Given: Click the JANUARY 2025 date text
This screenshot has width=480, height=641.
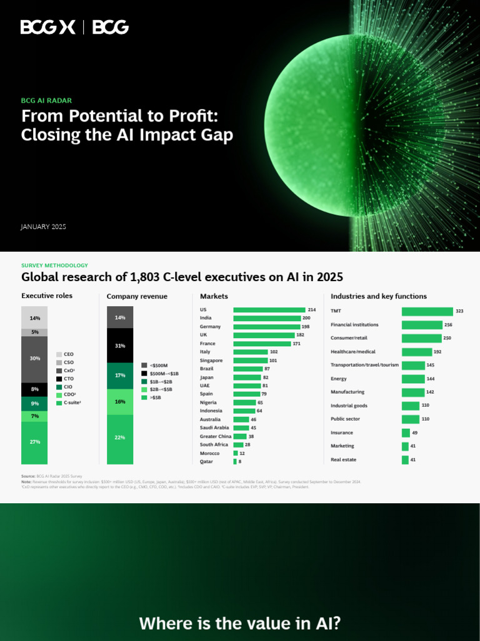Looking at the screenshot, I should [x=43, y=227].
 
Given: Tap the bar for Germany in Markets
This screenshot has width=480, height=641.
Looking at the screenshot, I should [x=267, y=327].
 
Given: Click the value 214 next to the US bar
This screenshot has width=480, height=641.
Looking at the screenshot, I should [x=311, y=310].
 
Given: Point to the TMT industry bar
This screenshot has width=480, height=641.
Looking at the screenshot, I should [x=427, y=311].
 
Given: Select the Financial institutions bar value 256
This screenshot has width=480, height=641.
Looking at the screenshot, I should [x=447, y=325].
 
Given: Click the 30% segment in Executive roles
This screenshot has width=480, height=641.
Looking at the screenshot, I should [x=34, y=359].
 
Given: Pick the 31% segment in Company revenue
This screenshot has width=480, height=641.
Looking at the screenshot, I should [x=119, y=346].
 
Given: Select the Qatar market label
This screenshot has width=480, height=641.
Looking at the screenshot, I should [x=206, y=461].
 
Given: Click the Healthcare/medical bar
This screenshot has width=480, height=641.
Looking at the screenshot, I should [x=416, y=352].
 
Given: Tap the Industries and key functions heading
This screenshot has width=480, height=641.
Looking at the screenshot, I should [x=379, y=296].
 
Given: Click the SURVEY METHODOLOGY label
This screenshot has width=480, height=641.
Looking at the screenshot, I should [x=54, y=265].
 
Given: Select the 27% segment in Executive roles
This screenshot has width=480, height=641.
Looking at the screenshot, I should [x=34, y=442].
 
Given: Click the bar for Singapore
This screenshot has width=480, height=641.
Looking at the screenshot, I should [x=250, y=361].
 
